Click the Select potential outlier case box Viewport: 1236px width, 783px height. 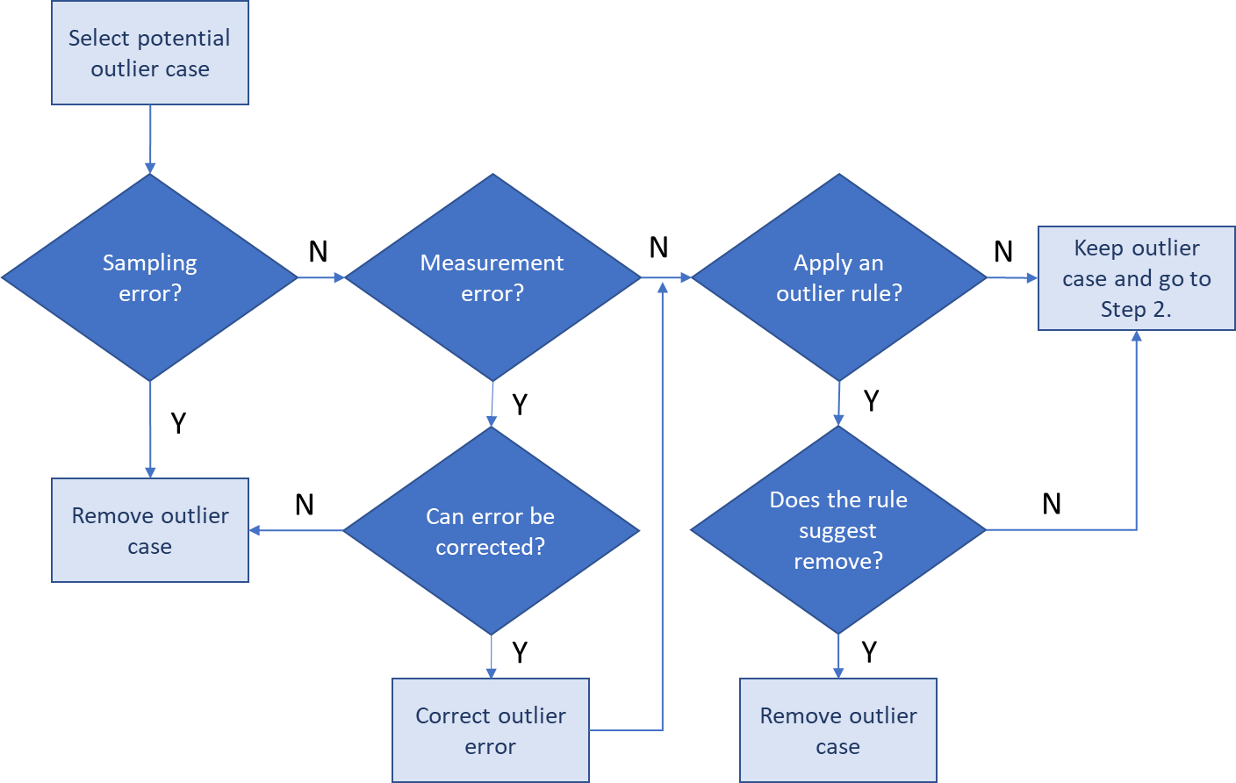(150, 53)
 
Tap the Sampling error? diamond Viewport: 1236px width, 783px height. (150, 277)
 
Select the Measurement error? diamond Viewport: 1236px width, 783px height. (492, 277)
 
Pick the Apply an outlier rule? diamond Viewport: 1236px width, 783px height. (839, 277)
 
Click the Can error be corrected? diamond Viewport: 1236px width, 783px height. (491, 530)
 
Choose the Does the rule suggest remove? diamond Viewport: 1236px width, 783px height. (838, 530)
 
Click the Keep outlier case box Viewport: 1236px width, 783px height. (1137, 278)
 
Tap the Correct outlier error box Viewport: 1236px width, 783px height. (491, 730)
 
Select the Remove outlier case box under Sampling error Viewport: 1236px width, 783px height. (150, 530)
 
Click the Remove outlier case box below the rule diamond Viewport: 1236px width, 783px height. (838, 730)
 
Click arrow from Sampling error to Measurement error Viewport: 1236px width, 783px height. (320, 277)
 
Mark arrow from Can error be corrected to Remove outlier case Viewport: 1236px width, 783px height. (296, 530)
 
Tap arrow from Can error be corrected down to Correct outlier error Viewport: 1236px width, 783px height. (491, 657)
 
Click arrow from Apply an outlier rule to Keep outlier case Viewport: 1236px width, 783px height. (1012, 277)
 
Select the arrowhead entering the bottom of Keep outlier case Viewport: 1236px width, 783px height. (1137, 336)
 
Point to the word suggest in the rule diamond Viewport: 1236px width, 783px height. (837, 531)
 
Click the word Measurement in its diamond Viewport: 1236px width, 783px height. (492, 262)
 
